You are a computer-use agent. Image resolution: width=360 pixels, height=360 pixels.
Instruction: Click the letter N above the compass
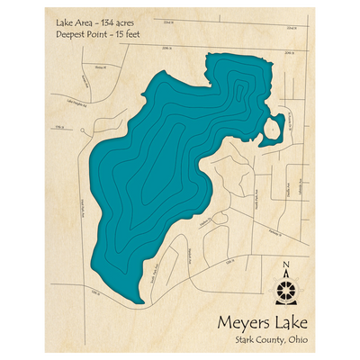(x=286, y=264)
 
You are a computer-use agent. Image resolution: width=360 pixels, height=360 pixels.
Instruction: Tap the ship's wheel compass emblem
(x=286, y=288)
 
